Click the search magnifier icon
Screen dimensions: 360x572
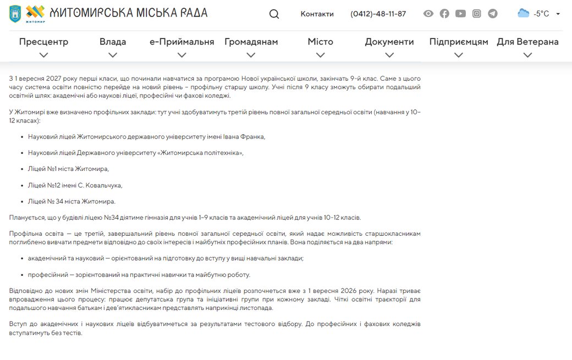[x=274, y=14]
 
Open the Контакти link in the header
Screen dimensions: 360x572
[x=317, y=14]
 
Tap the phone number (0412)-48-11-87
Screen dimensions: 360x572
[x=378, y=14]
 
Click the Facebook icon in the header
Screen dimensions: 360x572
[x=444, y=14]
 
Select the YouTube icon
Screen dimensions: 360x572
[x=460, y=14]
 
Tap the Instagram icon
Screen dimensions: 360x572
[x=477, y=14]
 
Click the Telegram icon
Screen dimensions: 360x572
[x=493, y=14]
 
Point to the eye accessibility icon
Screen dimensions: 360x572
[x=428, y=14]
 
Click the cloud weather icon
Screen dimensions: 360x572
[x=523, y=13]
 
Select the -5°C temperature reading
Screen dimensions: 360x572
[x=541, y=14]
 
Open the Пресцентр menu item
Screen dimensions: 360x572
[x=43, y=42]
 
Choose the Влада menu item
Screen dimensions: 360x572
[x=113, y=42]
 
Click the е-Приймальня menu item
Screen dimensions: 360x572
[x=182, y=42]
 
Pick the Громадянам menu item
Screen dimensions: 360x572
[x=251, y=42]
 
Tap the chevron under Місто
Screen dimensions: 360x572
[x=321, y=55]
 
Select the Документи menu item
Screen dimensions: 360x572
[x=389, y=42]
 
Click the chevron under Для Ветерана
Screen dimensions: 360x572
[x=527, y=55]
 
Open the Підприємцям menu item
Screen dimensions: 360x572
[x=459, y=42]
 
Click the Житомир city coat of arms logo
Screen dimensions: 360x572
[x=15, y=13]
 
